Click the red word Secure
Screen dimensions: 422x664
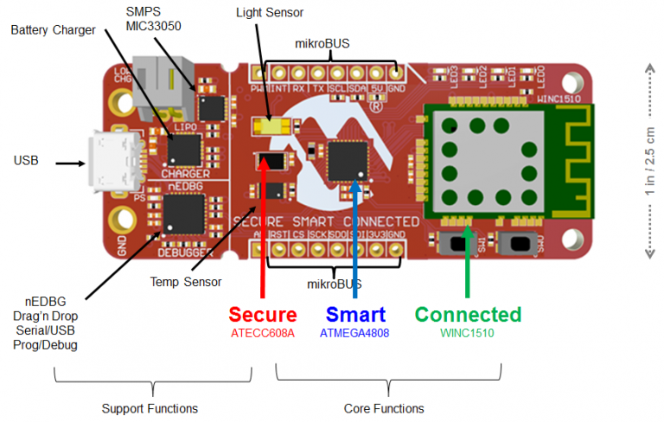point(261,315)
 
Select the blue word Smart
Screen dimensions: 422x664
point(357,315)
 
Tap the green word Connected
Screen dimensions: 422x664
point(468,315)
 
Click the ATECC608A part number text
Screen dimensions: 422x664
point(261,334)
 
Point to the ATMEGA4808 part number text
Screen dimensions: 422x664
point(357,334)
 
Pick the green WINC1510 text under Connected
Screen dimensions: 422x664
point(468,334)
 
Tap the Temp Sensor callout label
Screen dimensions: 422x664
point(186,282)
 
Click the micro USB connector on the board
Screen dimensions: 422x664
point(110,163)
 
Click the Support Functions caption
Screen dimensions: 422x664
point(150,408)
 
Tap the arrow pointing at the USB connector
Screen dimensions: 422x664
point(69,162)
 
